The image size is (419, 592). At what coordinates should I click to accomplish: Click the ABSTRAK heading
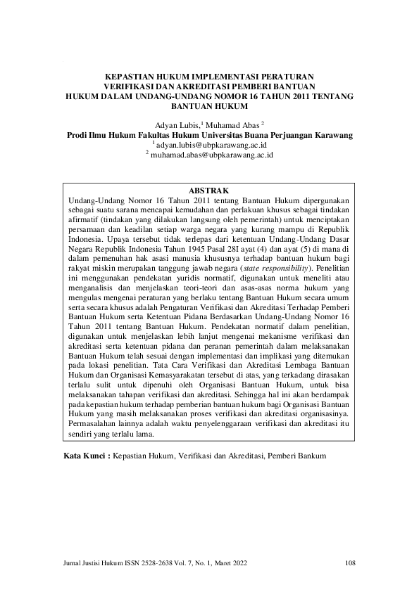(209, 191)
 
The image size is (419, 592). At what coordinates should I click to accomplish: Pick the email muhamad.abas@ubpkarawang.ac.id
(211, 154)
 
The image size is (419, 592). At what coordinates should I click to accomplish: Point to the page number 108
(351, 562)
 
